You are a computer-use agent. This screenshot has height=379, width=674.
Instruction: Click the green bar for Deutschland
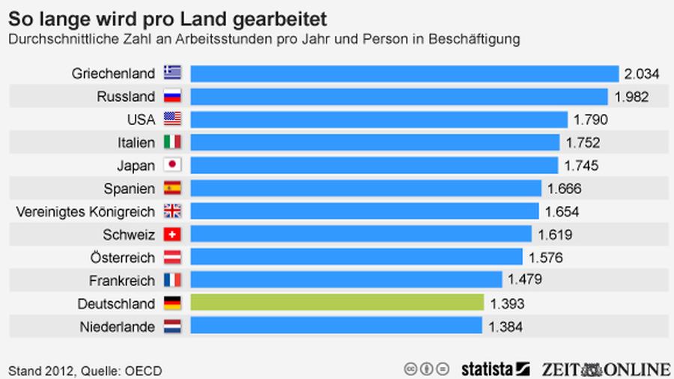coord(337,303)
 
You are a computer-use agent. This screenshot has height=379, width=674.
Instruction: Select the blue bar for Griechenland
coord(404,73)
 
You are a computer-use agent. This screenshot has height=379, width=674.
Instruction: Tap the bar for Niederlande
coord(336,327)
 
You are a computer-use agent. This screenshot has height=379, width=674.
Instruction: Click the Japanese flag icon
coord(172,166)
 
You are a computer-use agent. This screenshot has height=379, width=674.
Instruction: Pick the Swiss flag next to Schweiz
coord(172,234)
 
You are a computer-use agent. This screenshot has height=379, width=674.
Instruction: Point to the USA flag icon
coord(172,119)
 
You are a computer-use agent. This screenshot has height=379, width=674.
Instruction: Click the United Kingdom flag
coord(172,211)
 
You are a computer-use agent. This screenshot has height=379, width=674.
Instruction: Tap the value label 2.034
coord(641,73)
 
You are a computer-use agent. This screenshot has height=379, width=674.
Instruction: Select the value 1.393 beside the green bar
coord(507,303)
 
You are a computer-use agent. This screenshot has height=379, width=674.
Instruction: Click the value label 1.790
coord(590,119)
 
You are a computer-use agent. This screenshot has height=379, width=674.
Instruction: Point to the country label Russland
coord(126,97)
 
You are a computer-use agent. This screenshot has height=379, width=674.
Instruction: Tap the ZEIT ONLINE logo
coord(606,369)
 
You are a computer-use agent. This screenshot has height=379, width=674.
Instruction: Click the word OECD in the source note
coord(144,371)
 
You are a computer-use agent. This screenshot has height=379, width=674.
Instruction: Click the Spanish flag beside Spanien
coord(172,189)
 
